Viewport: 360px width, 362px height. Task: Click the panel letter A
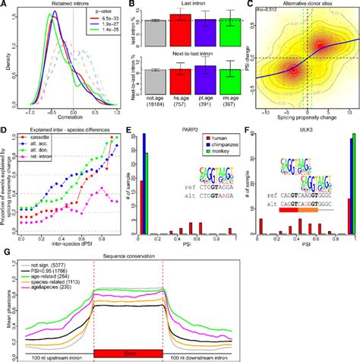[x=5, y=5]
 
